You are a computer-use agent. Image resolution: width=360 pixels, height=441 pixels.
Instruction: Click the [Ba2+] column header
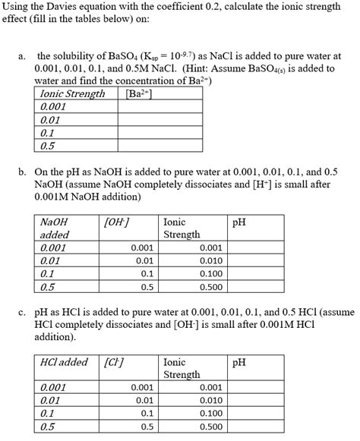click(x=137, y=93)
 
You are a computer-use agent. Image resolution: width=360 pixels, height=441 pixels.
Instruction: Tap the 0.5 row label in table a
click(x=47, y=146)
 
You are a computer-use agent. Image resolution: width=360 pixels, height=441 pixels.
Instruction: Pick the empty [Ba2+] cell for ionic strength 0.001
click(x=159, y=107)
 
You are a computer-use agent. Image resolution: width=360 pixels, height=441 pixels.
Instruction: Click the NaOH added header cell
click(x=53, y=228)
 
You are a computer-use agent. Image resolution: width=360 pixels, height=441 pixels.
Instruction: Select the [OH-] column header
click(x=115, y=222)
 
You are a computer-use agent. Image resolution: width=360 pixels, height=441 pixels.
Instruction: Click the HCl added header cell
click(x=64, y=362)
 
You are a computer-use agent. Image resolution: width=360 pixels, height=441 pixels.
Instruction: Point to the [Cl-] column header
click(x=114, y=362)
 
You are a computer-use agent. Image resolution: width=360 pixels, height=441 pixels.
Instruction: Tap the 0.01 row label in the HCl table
click(x=50, y=400)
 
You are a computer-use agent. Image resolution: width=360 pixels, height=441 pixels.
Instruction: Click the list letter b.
click(x=24, y=172)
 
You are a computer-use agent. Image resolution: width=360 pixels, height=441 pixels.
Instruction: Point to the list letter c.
click(x=24, y=311)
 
